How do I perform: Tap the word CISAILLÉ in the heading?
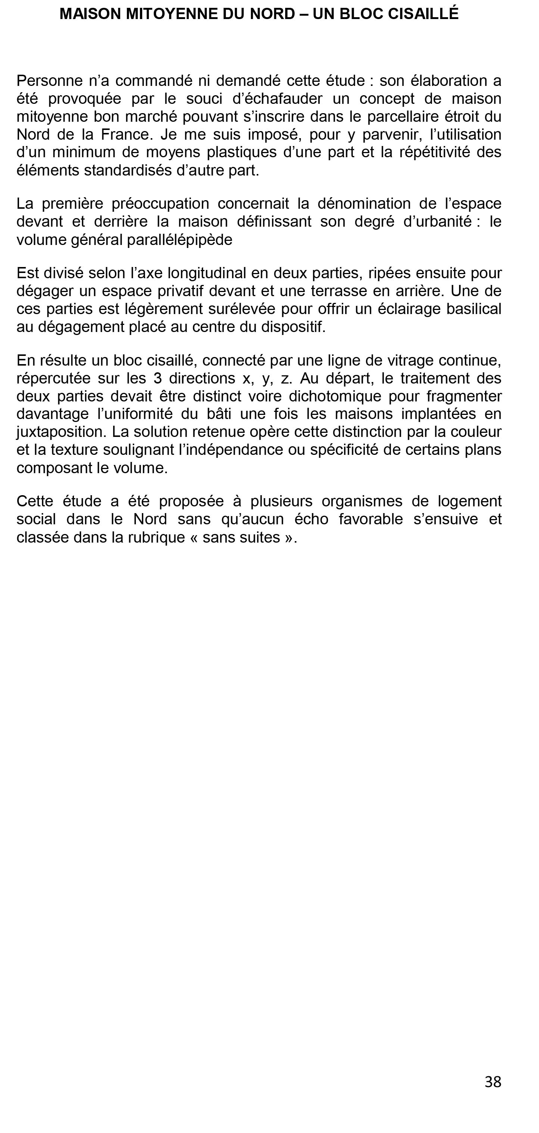(x=424, y=14)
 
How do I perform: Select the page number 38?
(x=493, y=1081)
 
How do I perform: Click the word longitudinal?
(x=207, y=273)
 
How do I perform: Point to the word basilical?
(x=474, y=309)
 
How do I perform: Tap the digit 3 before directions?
(x=158, y=378)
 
